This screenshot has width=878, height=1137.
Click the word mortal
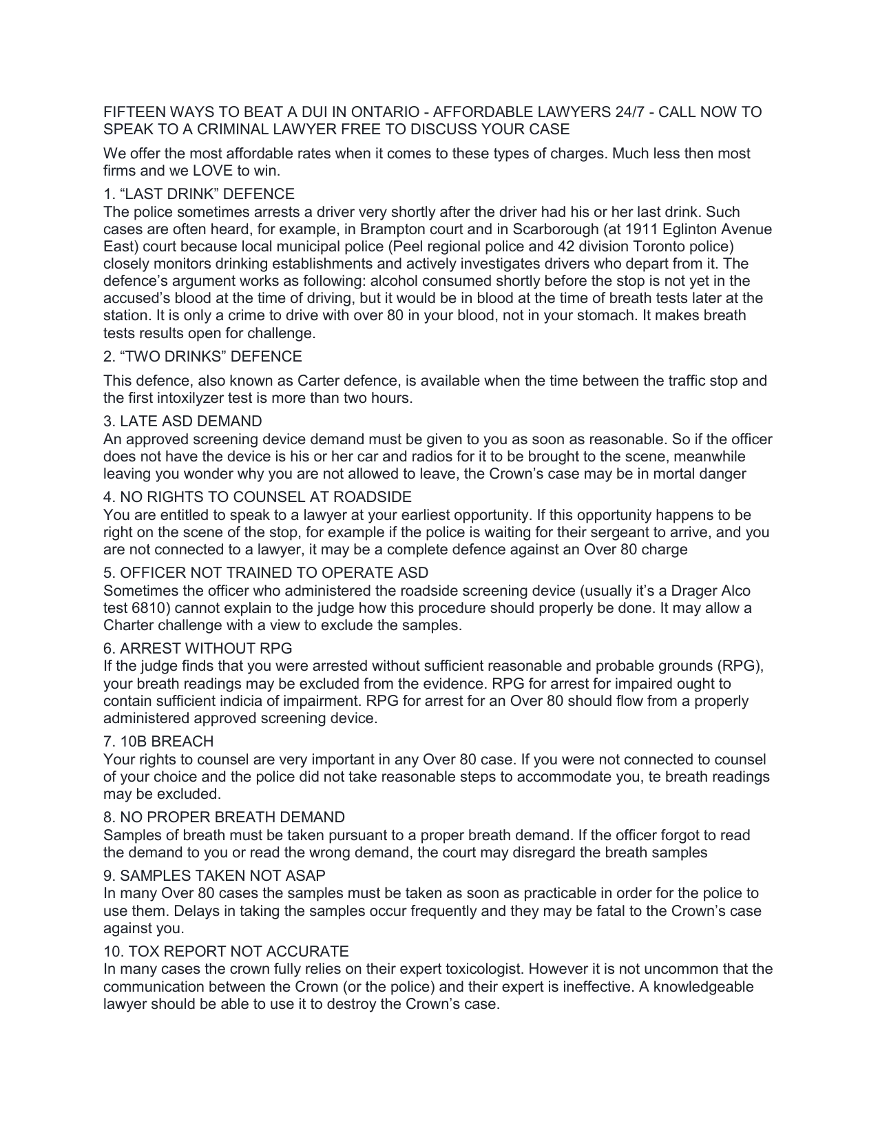coord(673,474)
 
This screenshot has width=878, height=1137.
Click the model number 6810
coord(146,608)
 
